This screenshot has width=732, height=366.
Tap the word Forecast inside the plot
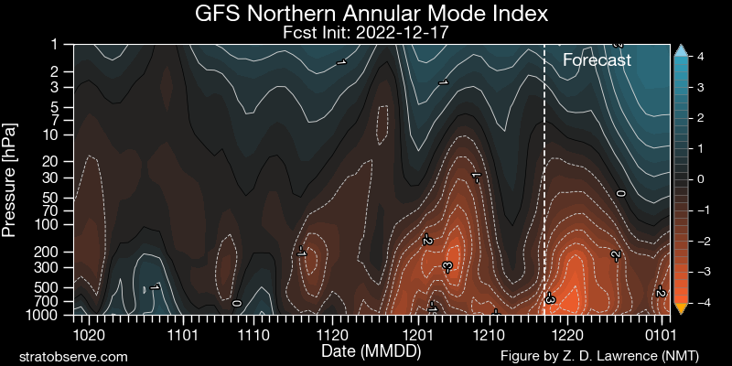[x=597, y=60]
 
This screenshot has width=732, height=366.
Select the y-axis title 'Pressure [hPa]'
[x=11, y=178]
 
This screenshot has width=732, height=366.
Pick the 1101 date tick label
[x=183, y=333]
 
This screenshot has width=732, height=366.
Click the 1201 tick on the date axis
[x=417, y=333]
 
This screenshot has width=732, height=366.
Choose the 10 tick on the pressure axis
[x=57, y=135]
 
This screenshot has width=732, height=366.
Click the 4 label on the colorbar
[x=699, y=56]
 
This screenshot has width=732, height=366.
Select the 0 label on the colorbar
[x=699, y=179]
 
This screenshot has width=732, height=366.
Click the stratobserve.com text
[x=73, y=355]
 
